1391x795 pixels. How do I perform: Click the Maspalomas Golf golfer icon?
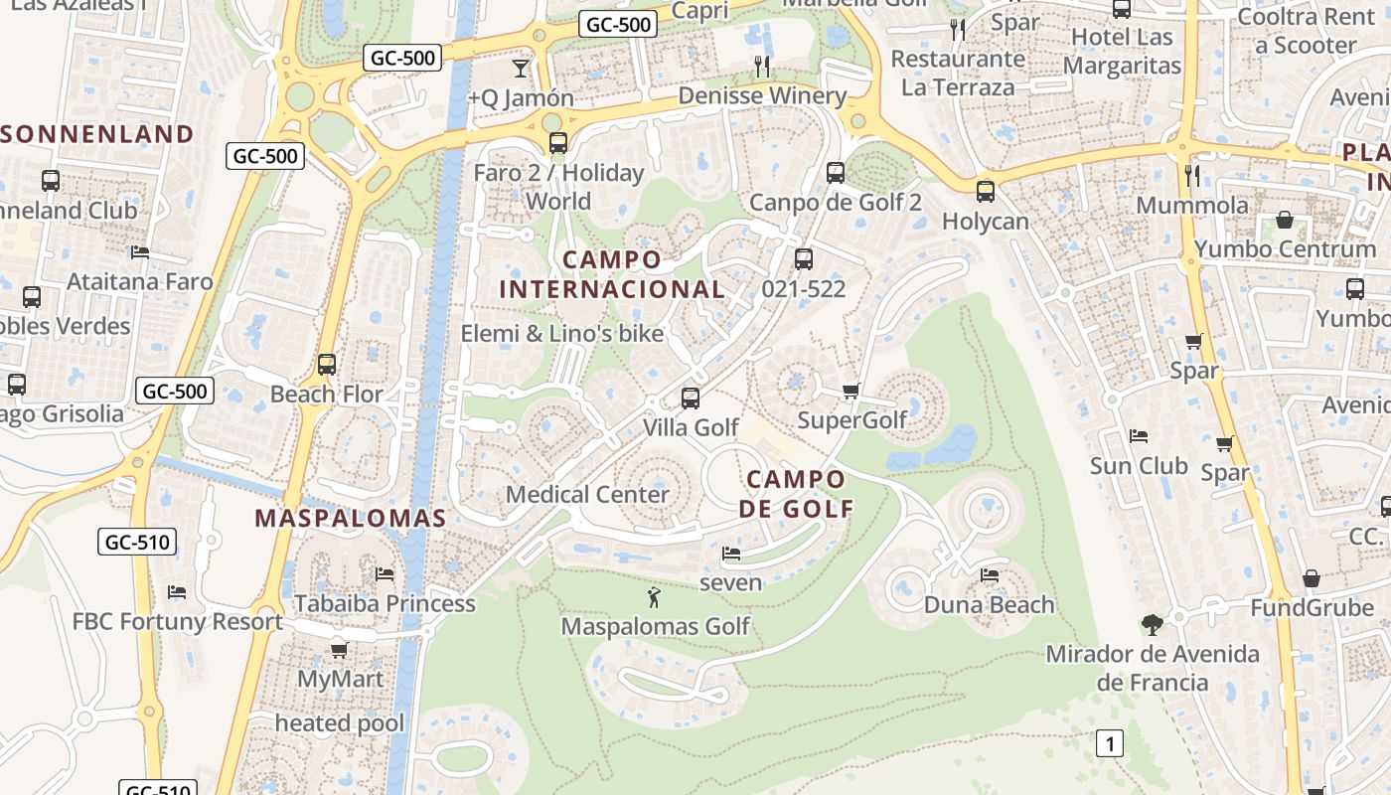(653, 597)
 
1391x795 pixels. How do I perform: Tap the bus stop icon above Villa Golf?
(691, 398)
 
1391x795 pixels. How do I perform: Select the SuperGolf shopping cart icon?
(850, 391)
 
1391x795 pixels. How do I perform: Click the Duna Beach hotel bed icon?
(990, 574)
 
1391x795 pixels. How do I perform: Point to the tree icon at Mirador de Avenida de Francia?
(1153, 625)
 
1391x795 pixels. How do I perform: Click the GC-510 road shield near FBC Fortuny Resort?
(137, 543)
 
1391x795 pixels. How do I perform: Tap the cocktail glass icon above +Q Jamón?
(520, 68)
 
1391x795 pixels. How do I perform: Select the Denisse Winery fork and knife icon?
(762, 67)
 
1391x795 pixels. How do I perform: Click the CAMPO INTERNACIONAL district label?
(611, 274)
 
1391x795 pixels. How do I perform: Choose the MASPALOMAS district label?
(351, 518)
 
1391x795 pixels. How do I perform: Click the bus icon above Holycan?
(986, 192)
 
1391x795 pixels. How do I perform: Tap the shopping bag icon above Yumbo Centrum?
(1285, 220)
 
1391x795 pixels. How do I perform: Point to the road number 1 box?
(1110, 742)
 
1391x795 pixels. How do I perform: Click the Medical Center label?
(587, 494)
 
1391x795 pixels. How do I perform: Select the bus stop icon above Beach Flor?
(327, 365)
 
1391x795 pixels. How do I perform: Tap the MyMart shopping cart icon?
(339, 650)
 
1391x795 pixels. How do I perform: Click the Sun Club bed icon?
(1139, 436)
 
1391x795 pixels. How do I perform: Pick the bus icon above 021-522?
(804, 259)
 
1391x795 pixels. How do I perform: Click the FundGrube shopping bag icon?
(1312, 578)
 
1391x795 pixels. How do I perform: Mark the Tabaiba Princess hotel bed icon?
(385, 574)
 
